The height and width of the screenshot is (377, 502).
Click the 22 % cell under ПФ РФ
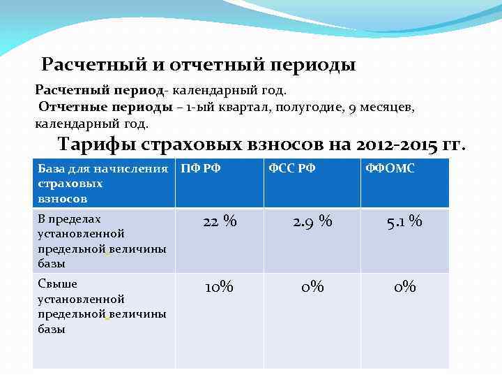tap(220, 222)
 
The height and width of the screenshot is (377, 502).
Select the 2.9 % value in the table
tap(312, 222)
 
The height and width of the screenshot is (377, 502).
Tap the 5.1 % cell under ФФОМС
tap(404, 222)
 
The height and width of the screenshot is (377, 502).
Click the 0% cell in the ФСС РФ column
tap(312, 286)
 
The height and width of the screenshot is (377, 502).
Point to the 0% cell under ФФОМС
tap(404, 286)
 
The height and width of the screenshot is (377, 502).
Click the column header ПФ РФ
tap(201, 168)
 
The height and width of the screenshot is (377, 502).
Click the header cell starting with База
tap(102, 184)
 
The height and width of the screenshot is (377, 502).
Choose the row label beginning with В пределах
tap(102, 241)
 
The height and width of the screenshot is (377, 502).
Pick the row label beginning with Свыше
tap(102, 306)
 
